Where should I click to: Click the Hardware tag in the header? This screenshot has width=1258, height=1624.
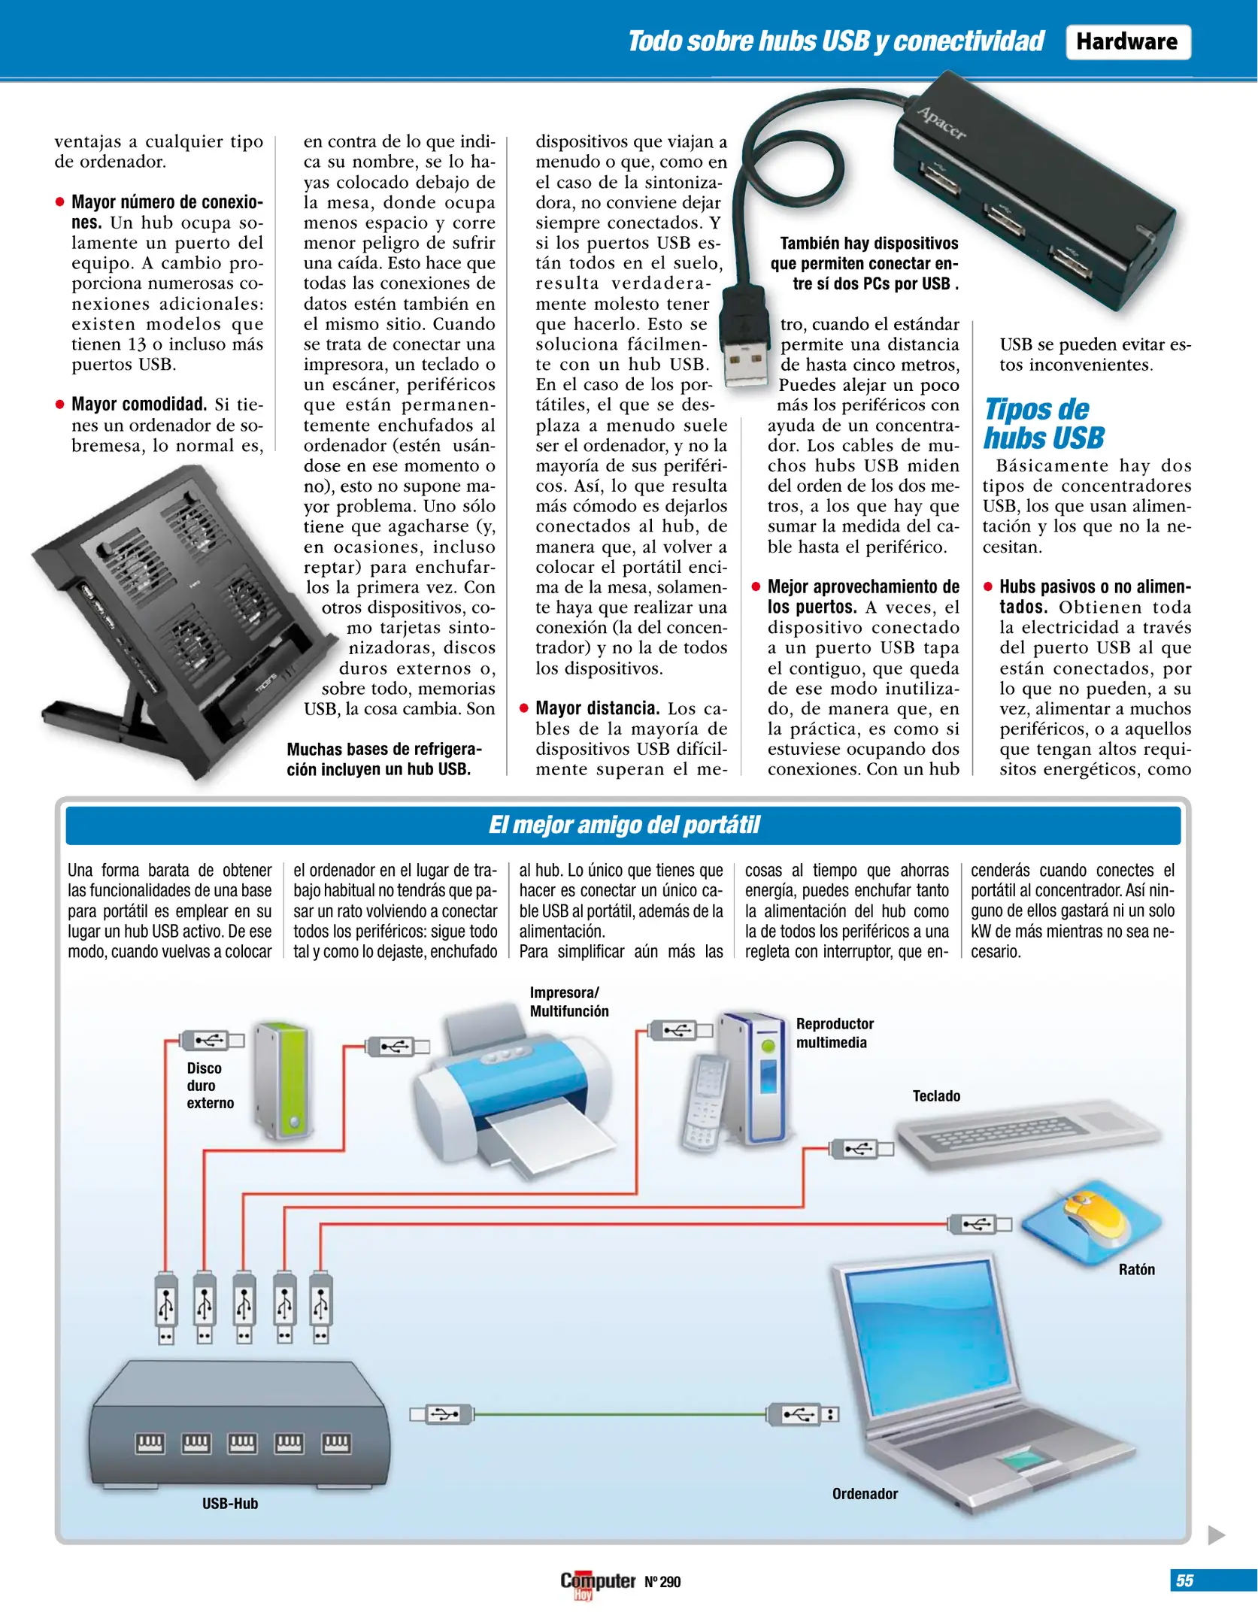(x=1126, y=41)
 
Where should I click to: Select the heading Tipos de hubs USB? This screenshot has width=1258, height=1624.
(x=1044, y=423)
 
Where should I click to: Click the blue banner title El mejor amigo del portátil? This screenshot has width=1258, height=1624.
(x=623, y=825)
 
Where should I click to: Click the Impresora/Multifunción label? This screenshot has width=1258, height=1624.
(x=568, y=1001)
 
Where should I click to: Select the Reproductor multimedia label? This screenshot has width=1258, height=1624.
(x=834, y=1032)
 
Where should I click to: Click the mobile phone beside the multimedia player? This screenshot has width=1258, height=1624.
(x=703, y=1101)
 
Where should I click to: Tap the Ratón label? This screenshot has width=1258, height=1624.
(x=1136, y=1269)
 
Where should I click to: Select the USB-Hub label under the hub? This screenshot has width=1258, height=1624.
(x=229, y=1503)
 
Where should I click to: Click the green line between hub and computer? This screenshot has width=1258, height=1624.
(x=620, y=1414)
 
